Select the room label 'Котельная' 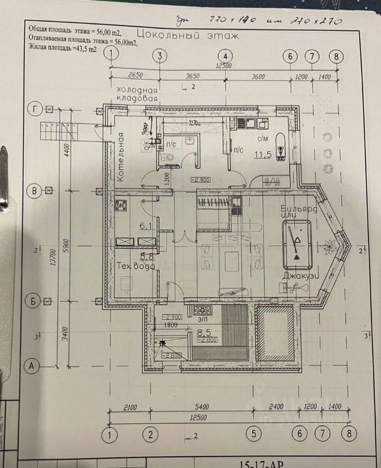pyautogui.click(x=122, y=157)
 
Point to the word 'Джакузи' pyautogui.click(x=300, y=275)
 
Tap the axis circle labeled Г pyautogui.click(x=34, y=108)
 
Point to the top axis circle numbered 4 pyautogui.click(x=225, y=55)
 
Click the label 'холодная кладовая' pyautogui.click(x=137, y=94)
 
